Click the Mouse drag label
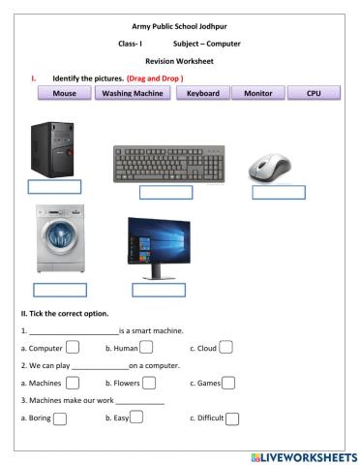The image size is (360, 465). coord(64,94)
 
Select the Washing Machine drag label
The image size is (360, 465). coord(133,94)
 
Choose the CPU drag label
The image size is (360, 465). coord(314,94)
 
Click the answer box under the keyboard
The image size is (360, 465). coord(166,192)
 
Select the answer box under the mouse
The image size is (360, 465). coord(278,192)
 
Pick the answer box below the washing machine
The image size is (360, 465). coord(60,290)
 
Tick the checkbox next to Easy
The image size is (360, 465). coord(136,418)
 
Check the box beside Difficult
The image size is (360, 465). coord(231,418)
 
